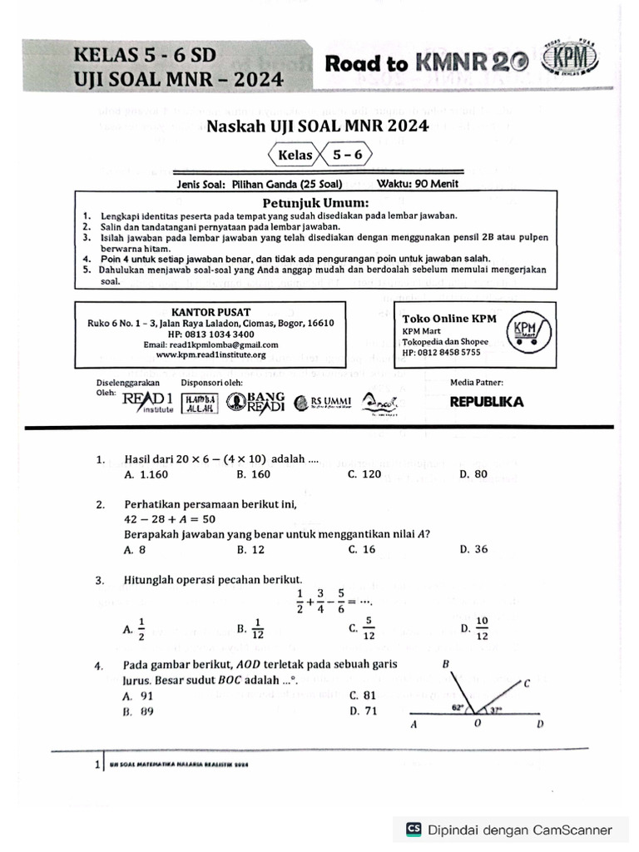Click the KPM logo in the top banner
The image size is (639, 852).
click(569, 62)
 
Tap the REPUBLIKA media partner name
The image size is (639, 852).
click(487, 402)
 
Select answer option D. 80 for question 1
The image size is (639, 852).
click(473, 474)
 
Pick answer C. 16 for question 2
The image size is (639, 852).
click(363, 549)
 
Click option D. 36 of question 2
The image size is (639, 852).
click(473, 549)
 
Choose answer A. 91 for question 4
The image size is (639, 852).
click(137, 695)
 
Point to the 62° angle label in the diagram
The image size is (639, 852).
click(457, 708)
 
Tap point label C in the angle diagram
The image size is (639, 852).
click(527, 683)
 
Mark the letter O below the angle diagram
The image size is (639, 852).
click(477, 725)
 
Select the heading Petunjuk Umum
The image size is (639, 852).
click(315, 202)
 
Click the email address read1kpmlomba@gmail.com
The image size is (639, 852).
click(211, 344)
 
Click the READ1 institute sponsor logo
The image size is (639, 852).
click(147, 402)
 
